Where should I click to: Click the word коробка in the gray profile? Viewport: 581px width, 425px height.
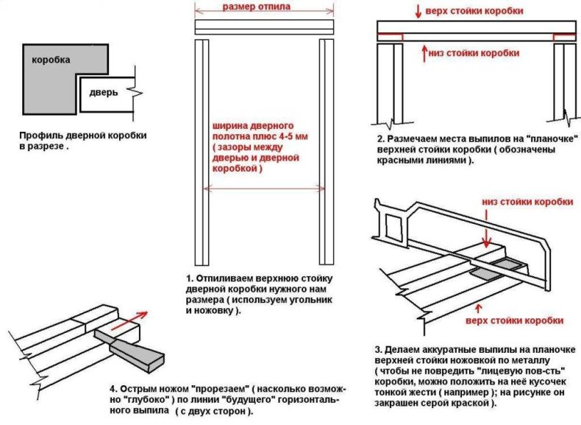(x=51, y=60)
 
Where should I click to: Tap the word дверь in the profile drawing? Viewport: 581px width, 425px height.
(x=104, y=93)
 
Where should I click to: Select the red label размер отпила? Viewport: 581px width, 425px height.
(x=255, y=7)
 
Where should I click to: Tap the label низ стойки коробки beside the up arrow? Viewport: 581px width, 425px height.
(x=479, y=53)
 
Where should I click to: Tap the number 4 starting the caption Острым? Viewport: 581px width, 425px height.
(x=113, y=389)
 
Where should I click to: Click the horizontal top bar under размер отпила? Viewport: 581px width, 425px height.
(x=263, y=27)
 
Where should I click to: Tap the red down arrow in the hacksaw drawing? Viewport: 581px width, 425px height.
(x=485, y=237)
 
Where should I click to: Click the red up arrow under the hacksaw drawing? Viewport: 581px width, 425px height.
(x=480, y=306)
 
